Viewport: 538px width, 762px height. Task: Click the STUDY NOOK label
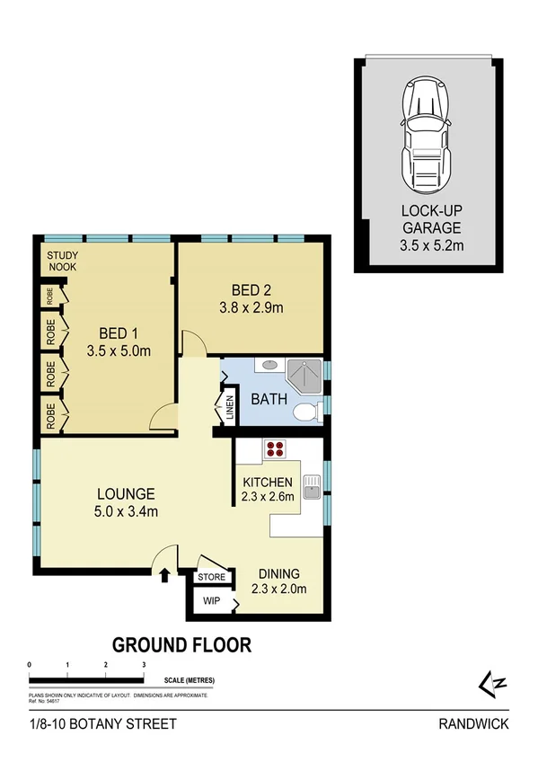click(x=63, y=261)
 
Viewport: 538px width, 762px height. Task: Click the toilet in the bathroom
click(x=305, y=412)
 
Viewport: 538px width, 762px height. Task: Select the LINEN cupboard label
click(x=229, y=406)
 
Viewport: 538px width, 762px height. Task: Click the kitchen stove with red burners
click(x=273, y=451)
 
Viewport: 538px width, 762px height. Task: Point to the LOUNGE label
click(x=127, y=493)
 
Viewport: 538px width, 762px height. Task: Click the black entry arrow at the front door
click(x=164, y=574)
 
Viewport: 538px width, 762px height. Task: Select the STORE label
click(x=212, y=577)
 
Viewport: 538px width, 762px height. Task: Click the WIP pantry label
click(x=211, y=600)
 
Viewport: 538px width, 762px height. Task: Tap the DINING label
click(x=278, y=574)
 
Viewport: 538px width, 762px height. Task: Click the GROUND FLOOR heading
click(x=181, y=644)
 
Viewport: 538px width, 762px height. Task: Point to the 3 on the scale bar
click(x=144, y=664)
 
